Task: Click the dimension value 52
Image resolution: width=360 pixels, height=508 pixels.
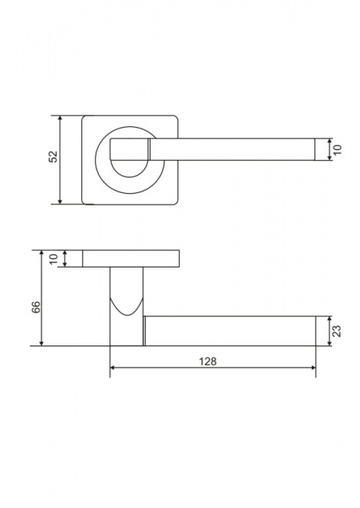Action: click(53, 157)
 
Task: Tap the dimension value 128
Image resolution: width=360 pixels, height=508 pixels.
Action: click(208, 362)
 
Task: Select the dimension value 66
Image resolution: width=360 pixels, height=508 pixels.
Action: click(36, 307)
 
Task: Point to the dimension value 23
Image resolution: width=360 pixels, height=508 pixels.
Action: click(337, 331)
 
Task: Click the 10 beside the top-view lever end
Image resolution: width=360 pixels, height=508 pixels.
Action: click(337, 150)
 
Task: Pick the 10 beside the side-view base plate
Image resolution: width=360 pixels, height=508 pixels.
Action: click(53, 259)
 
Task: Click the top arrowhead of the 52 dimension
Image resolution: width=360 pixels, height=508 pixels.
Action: click(59, 119)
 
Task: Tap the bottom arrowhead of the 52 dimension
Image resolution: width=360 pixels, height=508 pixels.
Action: click(59, 201)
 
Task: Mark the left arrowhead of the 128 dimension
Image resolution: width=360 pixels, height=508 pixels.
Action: click(114, 367)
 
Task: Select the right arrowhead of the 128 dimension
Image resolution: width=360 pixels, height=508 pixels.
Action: click(313, 367)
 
